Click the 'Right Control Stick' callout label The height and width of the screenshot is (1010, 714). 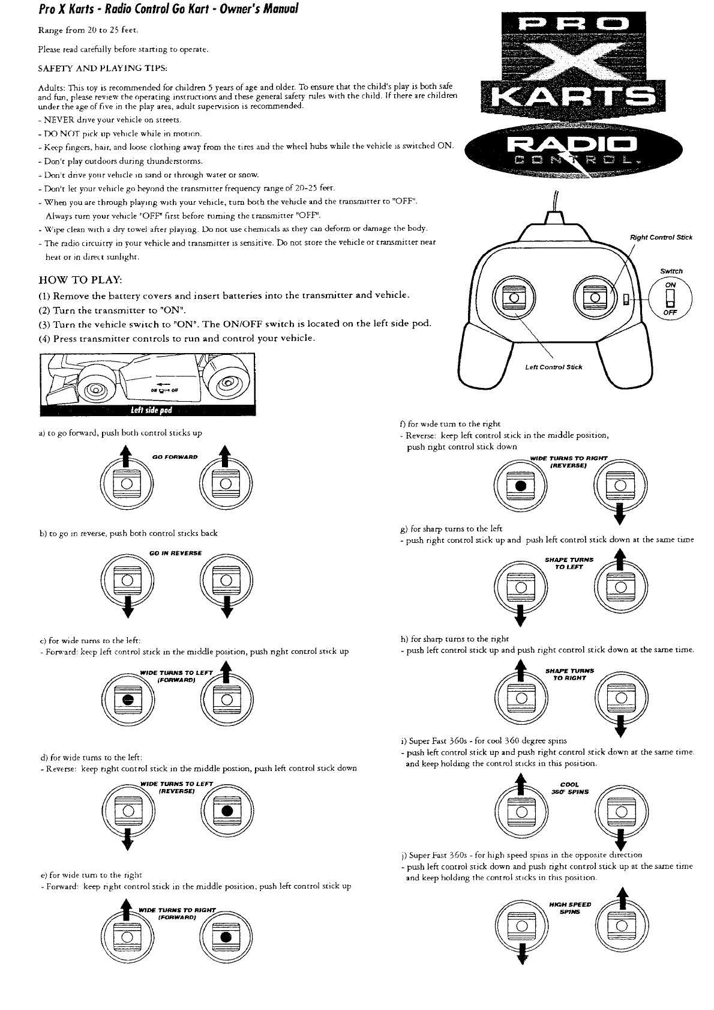point(661,237)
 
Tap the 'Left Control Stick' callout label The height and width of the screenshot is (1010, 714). point(553,367)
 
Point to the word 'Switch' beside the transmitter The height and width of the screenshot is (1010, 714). point(671,271)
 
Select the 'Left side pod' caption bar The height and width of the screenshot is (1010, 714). point(148,410)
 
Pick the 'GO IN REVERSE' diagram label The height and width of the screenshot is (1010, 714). point(175,553)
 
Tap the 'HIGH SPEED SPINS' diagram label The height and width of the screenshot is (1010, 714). point(569,907)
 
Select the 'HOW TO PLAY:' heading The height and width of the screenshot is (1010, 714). point(80,280)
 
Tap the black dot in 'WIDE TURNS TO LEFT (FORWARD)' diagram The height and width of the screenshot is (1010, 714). point(127,700)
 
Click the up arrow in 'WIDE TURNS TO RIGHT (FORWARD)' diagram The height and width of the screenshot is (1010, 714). point(127,907)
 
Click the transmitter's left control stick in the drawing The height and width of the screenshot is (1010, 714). point(513,298)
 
